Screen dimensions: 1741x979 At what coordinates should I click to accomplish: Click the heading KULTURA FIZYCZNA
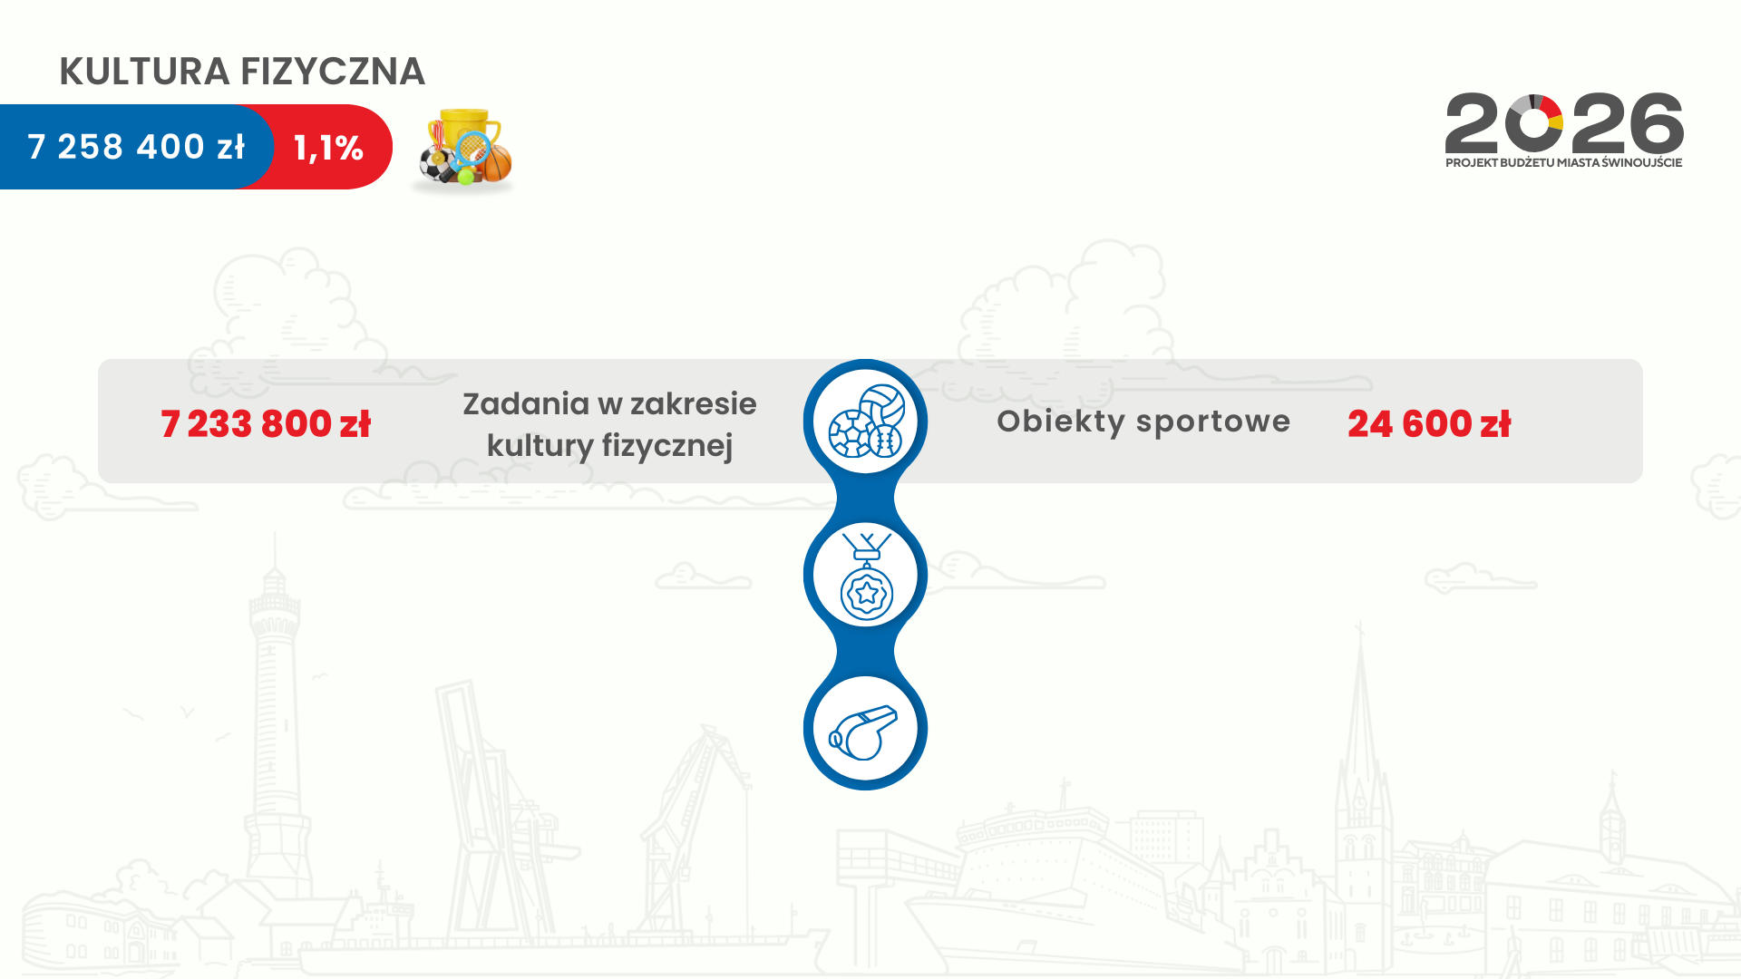242,72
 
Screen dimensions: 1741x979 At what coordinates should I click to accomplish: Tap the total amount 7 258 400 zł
136,147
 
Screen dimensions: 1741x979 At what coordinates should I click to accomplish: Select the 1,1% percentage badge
328,148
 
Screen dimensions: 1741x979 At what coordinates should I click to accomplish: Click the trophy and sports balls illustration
463,150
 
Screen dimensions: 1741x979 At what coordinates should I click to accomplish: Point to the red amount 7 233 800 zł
266,423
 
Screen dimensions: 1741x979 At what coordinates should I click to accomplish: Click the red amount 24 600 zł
1429,423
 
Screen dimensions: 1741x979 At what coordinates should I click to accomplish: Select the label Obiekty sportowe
1143,422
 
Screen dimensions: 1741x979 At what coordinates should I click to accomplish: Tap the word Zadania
526,403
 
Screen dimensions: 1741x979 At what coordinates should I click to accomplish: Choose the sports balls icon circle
866,422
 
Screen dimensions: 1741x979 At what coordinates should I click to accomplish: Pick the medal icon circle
866,575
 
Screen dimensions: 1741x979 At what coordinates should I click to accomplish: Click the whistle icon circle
866,729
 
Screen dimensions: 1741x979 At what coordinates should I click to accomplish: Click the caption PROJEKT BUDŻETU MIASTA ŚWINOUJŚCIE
1564,163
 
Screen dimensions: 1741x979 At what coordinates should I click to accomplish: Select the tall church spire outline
1359,771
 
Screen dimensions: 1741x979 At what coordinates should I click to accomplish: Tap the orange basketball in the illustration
496,163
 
